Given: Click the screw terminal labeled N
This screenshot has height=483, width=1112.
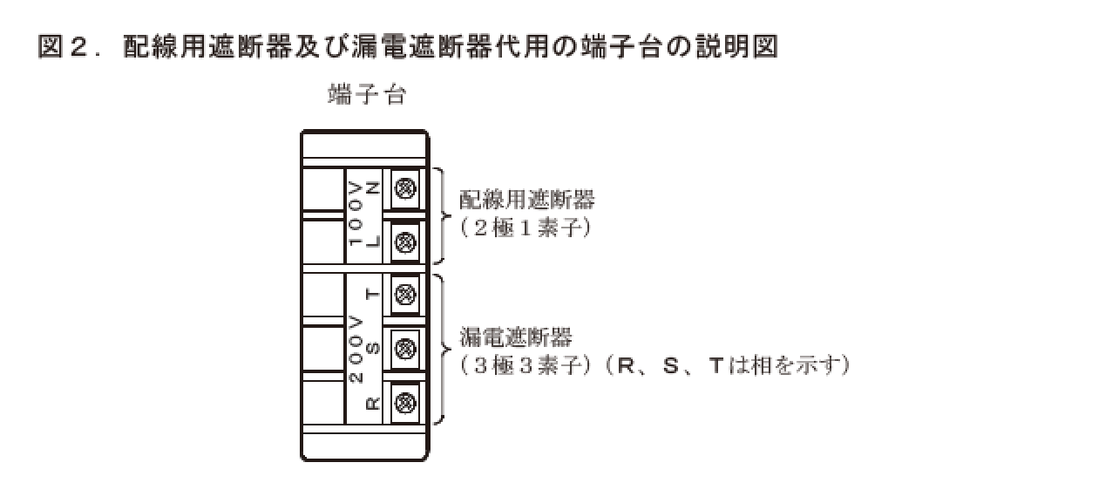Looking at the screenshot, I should click(404, 187).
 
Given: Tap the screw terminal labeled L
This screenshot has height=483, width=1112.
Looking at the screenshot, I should click(404, 240).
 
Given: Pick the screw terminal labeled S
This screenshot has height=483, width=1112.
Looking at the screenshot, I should click(404, 349).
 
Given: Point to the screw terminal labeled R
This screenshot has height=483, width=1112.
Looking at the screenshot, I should click(404, 402).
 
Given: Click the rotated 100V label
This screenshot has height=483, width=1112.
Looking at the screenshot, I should click(355, 214).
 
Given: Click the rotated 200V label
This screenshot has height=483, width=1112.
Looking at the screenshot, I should click(355, 350).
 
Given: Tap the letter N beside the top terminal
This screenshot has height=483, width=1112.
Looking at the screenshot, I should click(372, 187).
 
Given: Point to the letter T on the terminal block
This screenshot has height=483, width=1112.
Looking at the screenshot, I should click(372, 294).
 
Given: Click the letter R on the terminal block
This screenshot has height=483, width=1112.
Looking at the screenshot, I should click(372, 403).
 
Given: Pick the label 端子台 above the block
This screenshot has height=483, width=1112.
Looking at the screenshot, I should click(367, 96).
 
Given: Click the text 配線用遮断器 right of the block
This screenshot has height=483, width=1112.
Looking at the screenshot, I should click(527, 200).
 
